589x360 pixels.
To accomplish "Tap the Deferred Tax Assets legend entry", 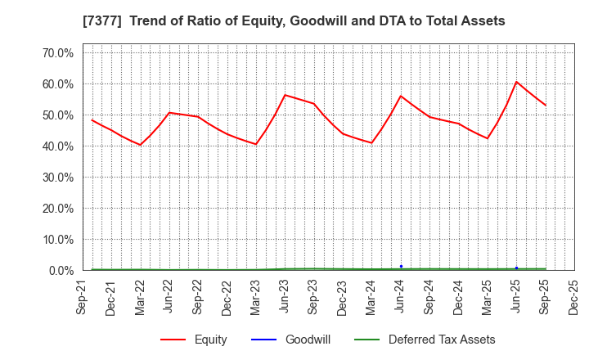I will tap(442, 340).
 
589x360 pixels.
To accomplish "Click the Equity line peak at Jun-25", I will tap(516, 82).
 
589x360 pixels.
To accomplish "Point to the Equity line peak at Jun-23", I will tap(285, 95).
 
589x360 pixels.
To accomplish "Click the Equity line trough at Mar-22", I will tap(140, 145).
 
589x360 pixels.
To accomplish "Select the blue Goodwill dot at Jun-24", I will tap(401, 266).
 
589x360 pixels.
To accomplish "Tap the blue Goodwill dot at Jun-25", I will tap(516, 268).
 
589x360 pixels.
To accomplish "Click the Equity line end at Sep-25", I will tap(546, 106).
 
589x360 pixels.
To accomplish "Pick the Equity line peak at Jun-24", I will tap(401, 96).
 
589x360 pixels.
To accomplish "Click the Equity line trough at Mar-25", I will tap(488, 138).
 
